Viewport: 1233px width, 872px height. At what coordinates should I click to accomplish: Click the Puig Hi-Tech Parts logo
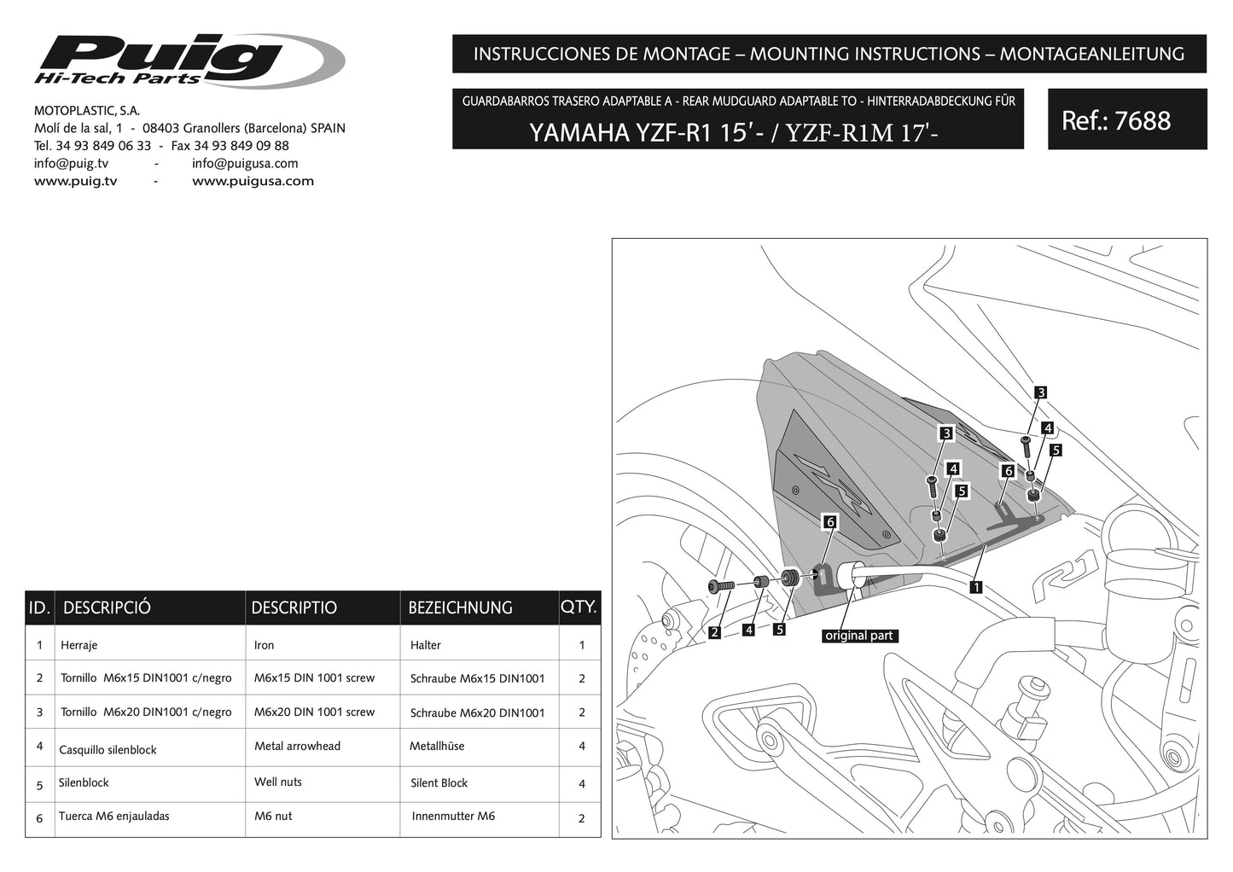point(188,61)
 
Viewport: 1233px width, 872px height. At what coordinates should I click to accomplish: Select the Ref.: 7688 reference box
point(1126,120)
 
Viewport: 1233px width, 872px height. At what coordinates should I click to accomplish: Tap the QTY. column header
point(579,607)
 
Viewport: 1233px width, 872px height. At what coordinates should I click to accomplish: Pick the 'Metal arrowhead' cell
point(297,746)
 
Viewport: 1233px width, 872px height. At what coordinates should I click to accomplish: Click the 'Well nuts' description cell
point(278,782)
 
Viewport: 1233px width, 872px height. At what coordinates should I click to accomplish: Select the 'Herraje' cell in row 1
point(79,646)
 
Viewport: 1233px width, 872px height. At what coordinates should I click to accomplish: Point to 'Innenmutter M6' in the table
point(453,817)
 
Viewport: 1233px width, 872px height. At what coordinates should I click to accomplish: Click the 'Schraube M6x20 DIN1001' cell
point(477,713)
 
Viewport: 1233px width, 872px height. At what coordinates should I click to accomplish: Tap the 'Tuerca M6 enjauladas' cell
point(113,817)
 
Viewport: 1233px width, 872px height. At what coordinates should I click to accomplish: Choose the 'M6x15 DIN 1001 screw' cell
point(314,678)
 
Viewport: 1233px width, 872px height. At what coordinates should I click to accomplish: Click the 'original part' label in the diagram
point(858,636)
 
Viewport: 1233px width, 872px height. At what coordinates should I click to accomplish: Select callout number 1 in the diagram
point(975,587)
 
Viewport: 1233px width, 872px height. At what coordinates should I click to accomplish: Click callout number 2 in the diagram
point(714,633)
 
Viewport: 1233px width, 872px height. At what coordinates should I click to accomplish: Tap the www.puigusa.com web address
point(253,181)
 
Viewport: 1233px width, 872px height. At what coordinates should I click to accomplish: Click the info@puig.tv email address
point(71,164)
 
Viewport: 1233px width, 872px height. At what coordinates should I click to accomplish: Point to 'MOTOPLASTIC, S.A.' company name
point(87,111)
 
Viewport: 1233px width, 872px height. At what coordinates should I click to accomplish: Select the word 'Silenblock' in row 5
point(84,782)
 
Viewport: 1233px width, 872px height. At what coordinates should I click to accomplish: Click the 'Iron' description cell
point(265,646)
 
